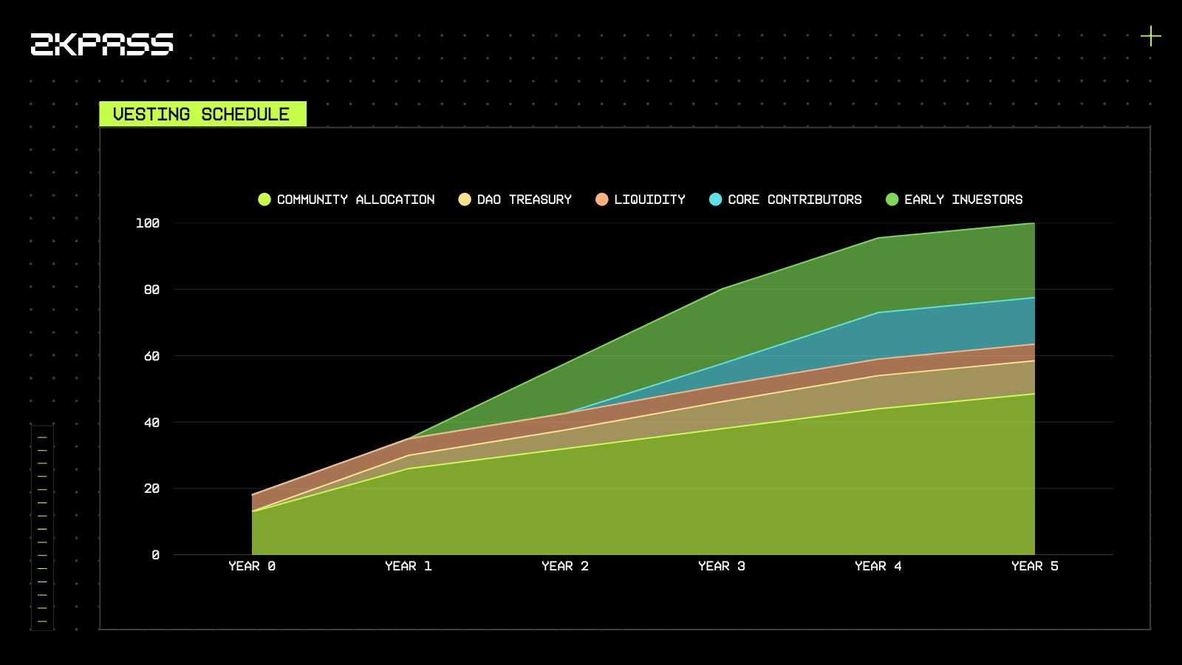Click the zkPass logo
[x=102, y=44]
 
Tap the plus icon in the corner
[x=1150, y=35]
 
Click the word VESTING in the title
[x=151, y=115]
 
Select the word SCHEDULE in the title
[x=245, y=115]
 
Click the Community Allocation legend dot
[x=264, y=199]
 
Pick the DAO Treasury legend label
[x=524, y=199]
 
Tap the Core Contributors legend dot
[x=715, y=199]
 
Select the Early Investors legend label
[x=963, y=199]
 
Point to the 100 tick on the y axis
[x=148, y=223]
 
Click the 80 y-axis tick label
[x=151, y=290]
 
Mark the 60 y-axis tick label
[x=151, y=356]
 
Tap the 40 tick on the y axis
[x=151, y=423]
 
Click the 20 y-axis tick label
[x=151, y=488]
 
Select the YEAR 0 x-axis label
[x=252, y=566]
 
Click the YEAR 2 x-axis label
[x=565, y=566]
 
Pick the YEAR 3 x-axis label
[x=722, y=566]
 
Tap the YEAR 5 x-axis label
[x=1034, y=566]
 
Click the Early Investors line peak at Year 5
[x=1034, y=223]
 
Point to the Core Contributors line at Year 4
[x=878, y=313]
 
